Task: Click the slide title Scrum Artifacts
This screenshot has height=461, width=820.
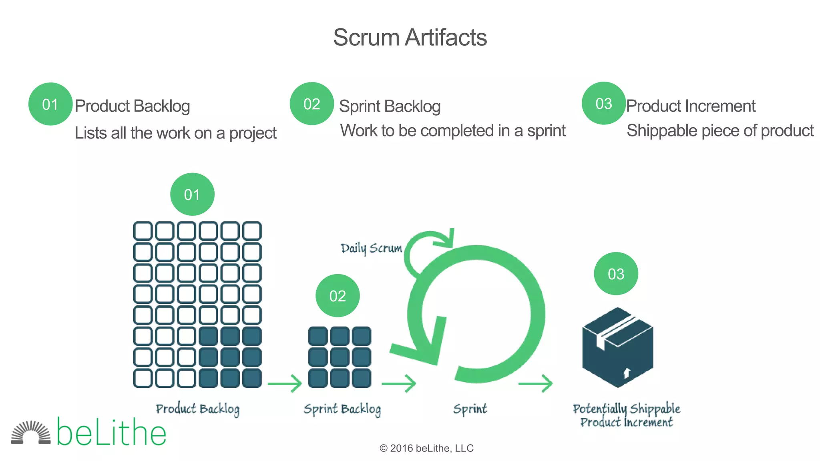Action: pyautogui.click(x=410, y=37)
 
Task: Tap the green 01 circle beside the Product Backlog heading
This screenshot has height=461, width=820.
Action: pyautogui.click(x=50, y=104)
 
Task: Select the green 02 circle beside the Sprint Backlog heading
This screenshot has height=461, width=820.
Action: pyautogui.click(x=312, y=104)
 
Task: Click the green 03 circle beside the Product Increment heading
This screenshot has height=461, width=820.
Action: pyautogui.click(x=603, y=103)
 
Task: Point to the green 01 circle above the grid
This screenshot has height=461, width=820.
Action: pyautogui.click(x=192, y=194)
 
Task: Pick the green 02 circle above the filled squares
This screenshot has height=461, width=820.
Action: pyautogui.click(x=338, y=295)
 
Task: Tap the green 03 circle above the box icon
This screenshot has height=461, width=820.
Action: pyautogui.click(x=616, y=274)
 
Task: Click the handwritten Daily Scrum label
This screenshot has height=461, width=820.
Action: pyautogui.click(x=371, y=248)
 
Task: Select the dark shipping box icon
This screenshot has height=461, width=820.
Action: pyautogui.click(x=617, y=347)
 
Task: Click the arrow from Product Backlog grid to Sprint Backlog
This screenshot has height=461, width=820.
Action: pyautogui.click(x=285, y=383)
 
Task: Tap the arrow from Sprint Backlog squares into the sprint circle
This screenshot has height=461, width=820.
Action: pyautogui.click(x=399, y=383)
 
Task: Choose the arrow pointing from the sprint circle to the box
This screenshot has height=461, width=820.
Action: pyautogui.click(x=536, y=383)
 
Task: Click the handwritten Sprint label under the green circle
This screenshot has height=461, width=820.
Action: pyautogui.click(x=470, y=409)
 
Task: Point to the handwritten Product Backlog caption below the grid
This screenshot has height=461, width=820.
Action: pyautogui.click(x=197, y=409)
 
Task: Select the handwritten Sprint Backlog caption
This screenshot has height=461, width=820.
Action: pyautogui.click(x=342, y=409)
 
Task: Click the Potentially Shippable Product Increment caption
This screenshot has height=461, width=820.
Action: pyautogui.click(x=627, y=415)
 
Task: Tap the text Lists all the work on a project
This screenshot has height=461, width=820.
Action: pyautogui.click(x=175, y=133)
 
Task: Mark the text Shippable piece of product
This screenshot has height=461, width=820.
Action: pyautogui.click(x=720, y=130)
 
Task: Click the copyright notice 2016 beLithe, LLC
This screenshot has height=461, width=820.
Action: pyautogui.click(x=426, y=448)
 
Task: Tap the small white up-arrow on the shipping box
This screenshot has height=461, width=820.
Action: pyautogui.click(x=627, y=373)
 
